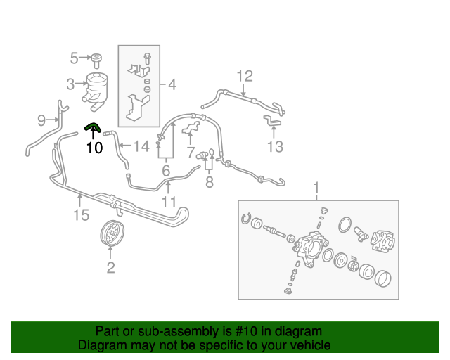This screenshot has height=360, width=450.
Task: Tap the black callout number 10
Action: (x=95, y=148)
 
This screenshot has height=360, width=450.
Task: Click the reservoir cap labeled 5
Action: (x=96, y=60)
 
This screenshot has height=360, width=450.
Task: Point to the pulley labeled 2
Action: (x=112, y=233)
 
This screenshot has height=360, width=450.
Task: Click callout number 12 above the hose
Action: (x=245, y=77)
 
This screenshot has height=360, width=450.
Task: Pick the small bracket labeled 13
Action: (x=272, y=120)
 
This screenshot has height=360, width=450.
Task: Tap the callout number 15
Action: (x=82, y=215)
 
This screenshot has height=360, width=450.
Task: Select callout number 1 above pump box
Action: (x=316, y=188)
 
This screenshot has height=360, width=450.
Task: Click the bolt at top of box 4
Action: (x=148, y=58)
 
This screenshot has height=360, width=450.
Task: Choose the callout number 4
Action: (x=172, y=84)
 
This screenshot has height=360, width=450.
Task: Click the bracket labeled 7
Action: (x=191, y=129)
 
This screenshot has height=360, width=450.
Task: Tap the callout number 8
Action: (x=210, y=182)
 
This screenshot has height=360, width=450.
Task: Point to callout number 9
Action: (x=41, y=120)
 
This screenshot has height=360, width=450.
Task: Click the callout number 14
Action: (x=141, y=146)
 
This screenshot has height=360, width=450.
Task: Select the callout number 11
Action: (x=169, y=202)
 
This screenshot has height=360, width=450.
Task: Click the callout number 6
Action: (x=166, y=171)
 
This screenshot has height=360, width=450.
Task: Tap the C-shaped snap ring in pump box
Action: (x=246, y=218)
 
